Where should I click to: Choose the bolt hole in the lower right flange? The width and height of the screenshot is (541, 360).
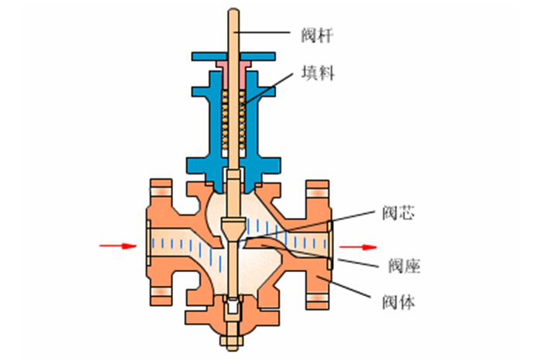(317, 293)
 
